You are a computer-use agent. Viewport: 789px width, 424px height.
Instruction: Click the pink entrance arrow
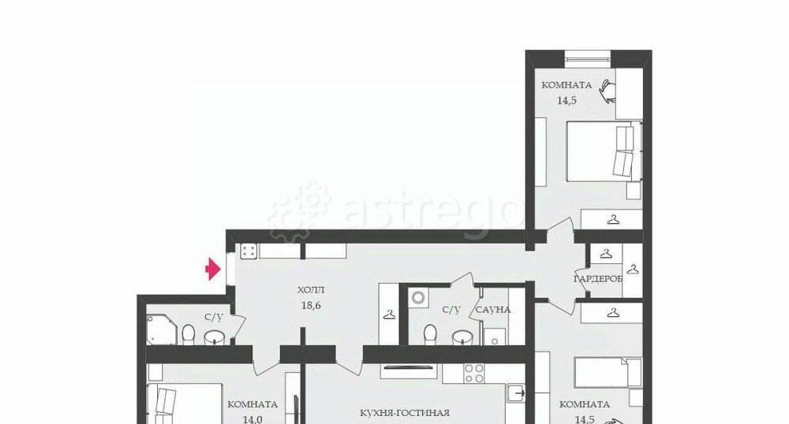(x=213, y=269)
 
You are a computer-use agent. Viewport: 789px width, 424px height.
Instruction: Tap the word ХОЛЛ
(x=311, y=290)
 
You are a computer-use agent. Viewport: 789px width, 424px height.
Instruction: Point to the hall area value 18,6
(x=311, y=305)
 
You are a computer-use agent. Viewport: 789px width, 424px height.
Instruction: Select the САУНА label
(x=493, y=310)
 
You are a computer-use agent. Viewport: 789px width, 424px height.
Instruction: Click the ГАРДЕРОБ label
(x=598, y=278)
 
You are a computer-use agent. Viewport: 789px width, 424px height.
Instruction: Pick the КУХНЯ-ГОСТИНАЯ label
(x=405, y=413)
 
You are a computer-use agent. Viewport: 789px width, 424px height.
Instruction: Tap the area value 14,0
(x=252, y=419)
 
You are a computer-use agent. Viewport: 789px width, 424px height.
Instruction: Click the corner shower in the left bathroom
(x=162, y=329)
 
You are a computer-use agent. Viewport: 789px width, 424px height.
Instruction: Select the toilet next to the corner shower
(x=189, y=335)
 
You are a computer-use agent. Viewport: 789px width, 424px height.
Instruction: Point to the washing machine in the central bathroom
(x=418, y=298)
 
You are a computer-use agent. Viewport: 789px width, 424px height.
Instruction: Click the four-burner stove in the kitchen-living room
(x=474, y=374)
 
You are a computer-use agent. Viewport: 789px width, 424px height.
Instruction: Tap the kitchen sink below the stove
(x=516, y=392)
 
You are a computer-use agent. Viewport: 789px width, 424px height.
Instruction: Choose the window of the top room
(x=587, y=58)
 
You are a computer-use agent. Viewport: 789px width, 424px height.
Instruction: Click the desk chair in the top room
(x=608, y=91)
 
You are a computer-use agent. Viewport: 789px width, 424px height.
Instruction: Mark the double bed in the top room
(x=604, y=151)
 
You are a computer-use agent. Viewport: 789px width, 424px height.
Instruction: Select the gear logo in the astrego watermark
(x=300, y=211)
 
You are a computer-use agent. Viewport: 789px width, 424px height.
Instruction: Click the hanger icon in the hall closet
(x=389, y=315)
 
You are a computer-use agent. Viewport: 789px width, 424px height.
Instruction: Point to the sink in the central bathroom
(x=462, y=337)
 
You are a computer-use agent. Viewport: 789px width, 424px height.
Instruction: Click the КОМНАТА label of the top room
(x=567, y=85)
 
